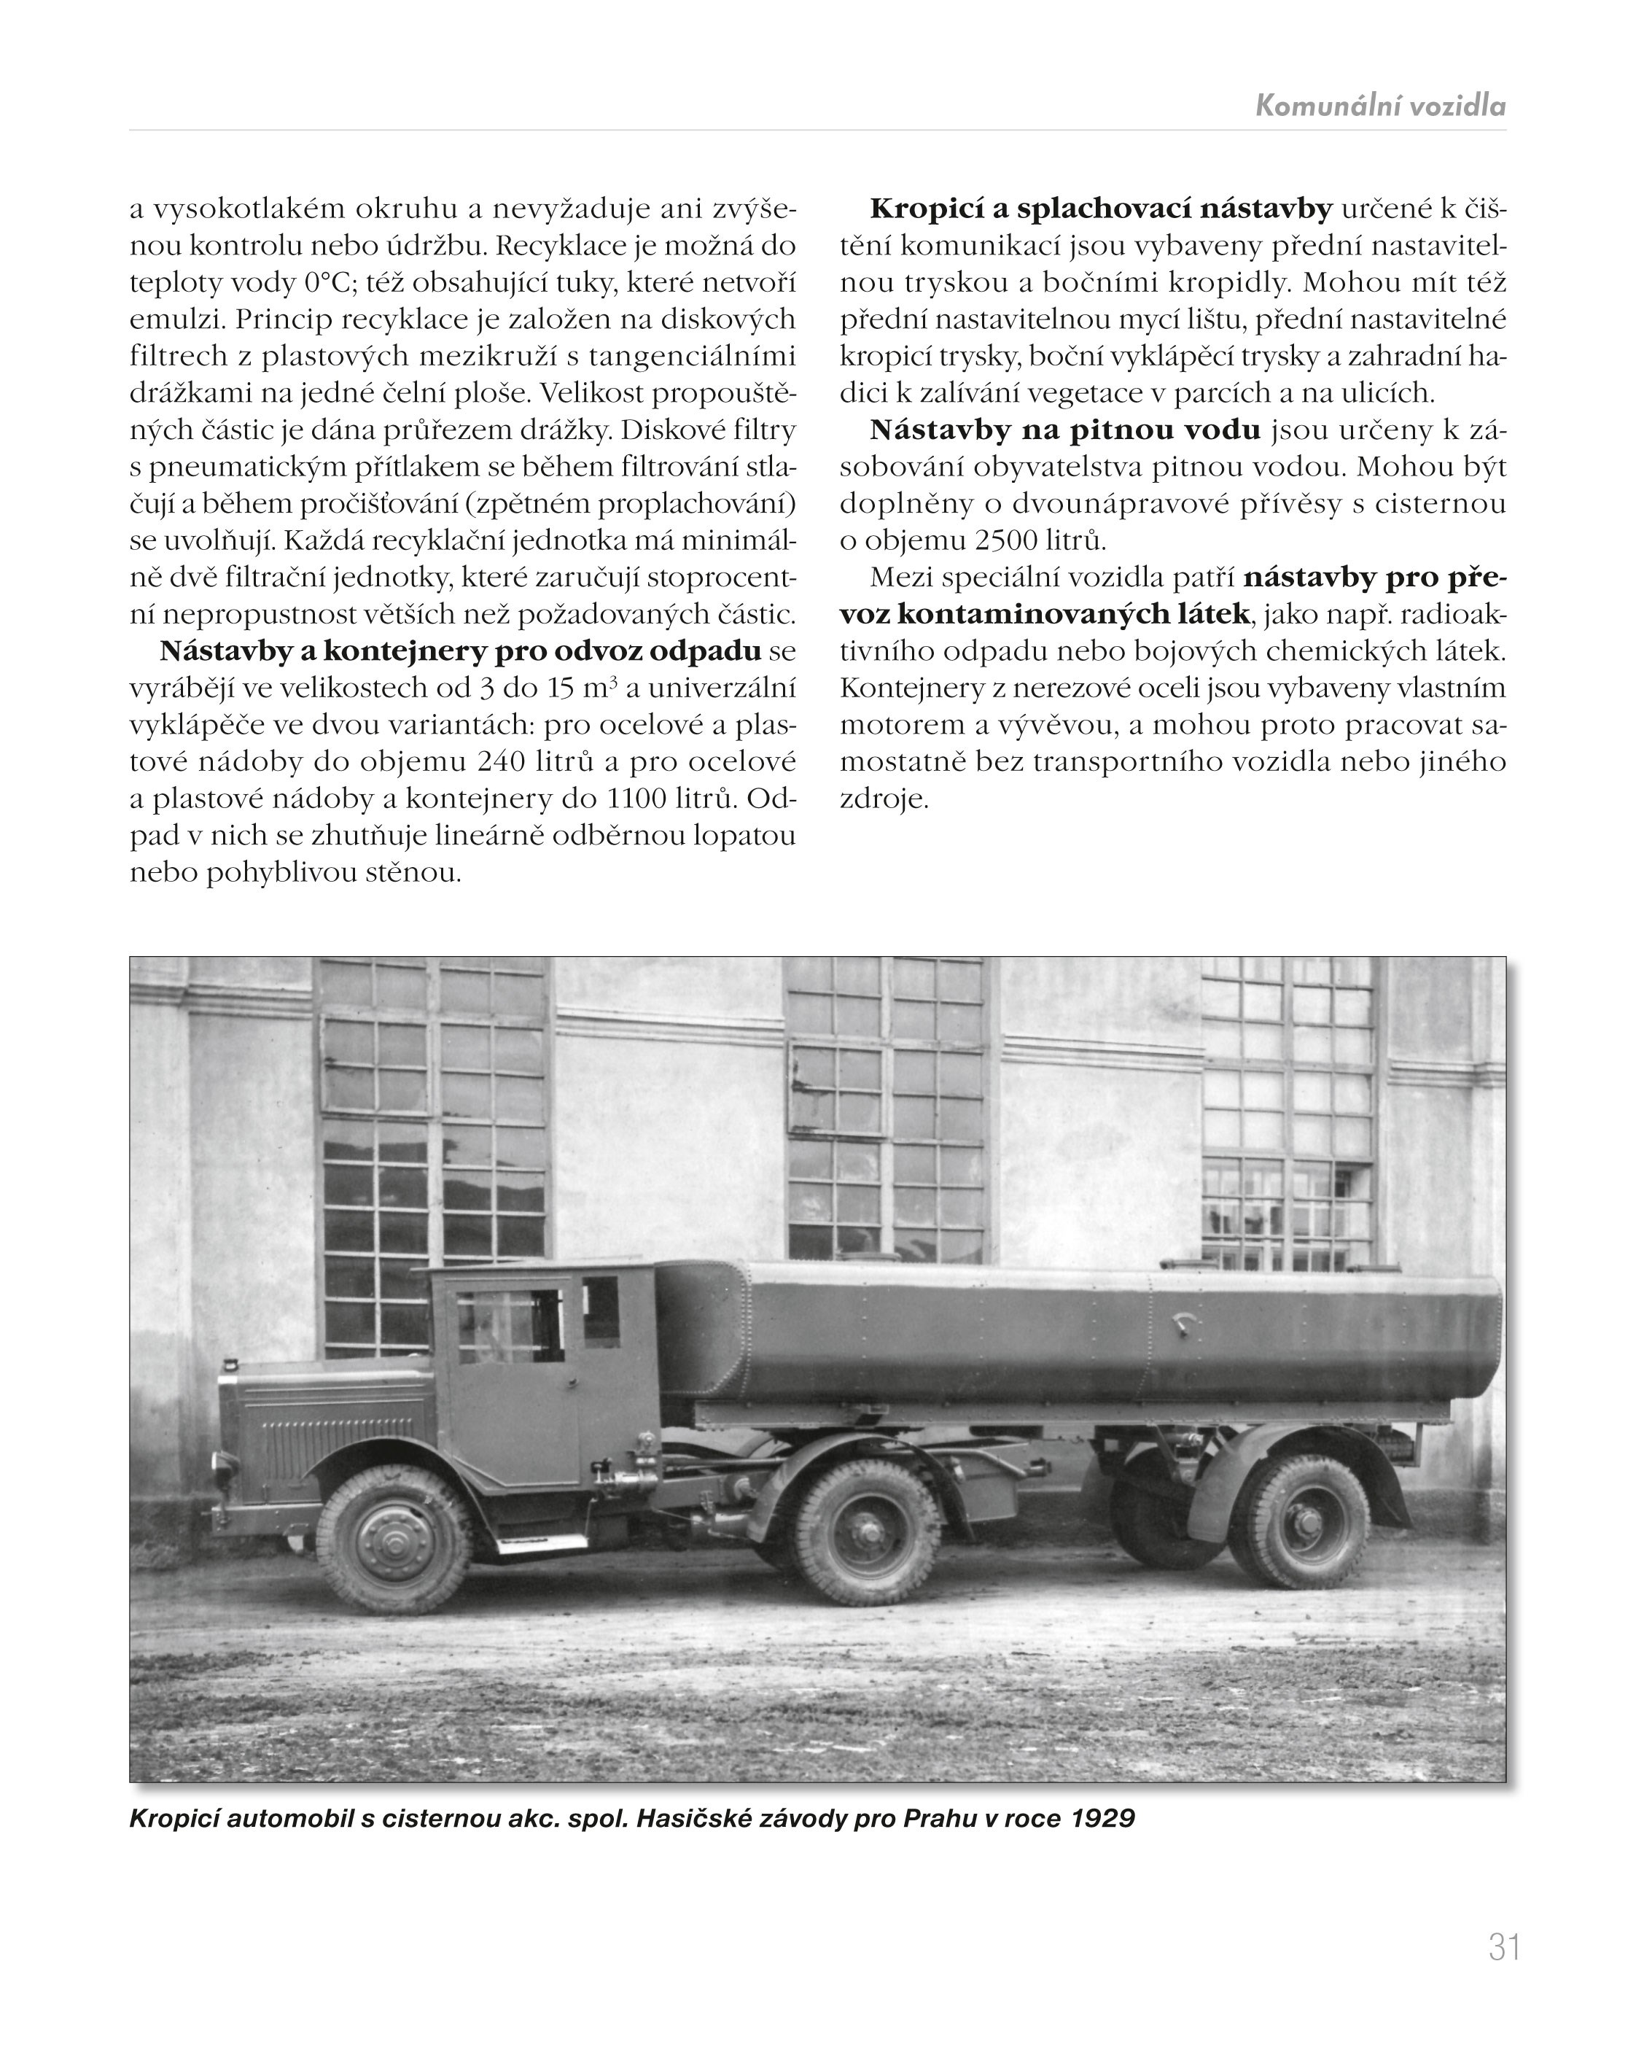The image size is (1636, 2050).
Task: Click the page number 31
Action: pos(1504,1946)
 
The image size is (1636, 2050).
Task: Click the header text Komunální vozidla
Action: pos(1379,106)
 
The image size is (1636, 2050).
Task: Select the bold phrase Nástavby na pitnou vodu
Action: pos(1064,431)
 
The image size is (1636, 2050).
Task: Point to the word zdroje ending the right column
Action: pos(883,799)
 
